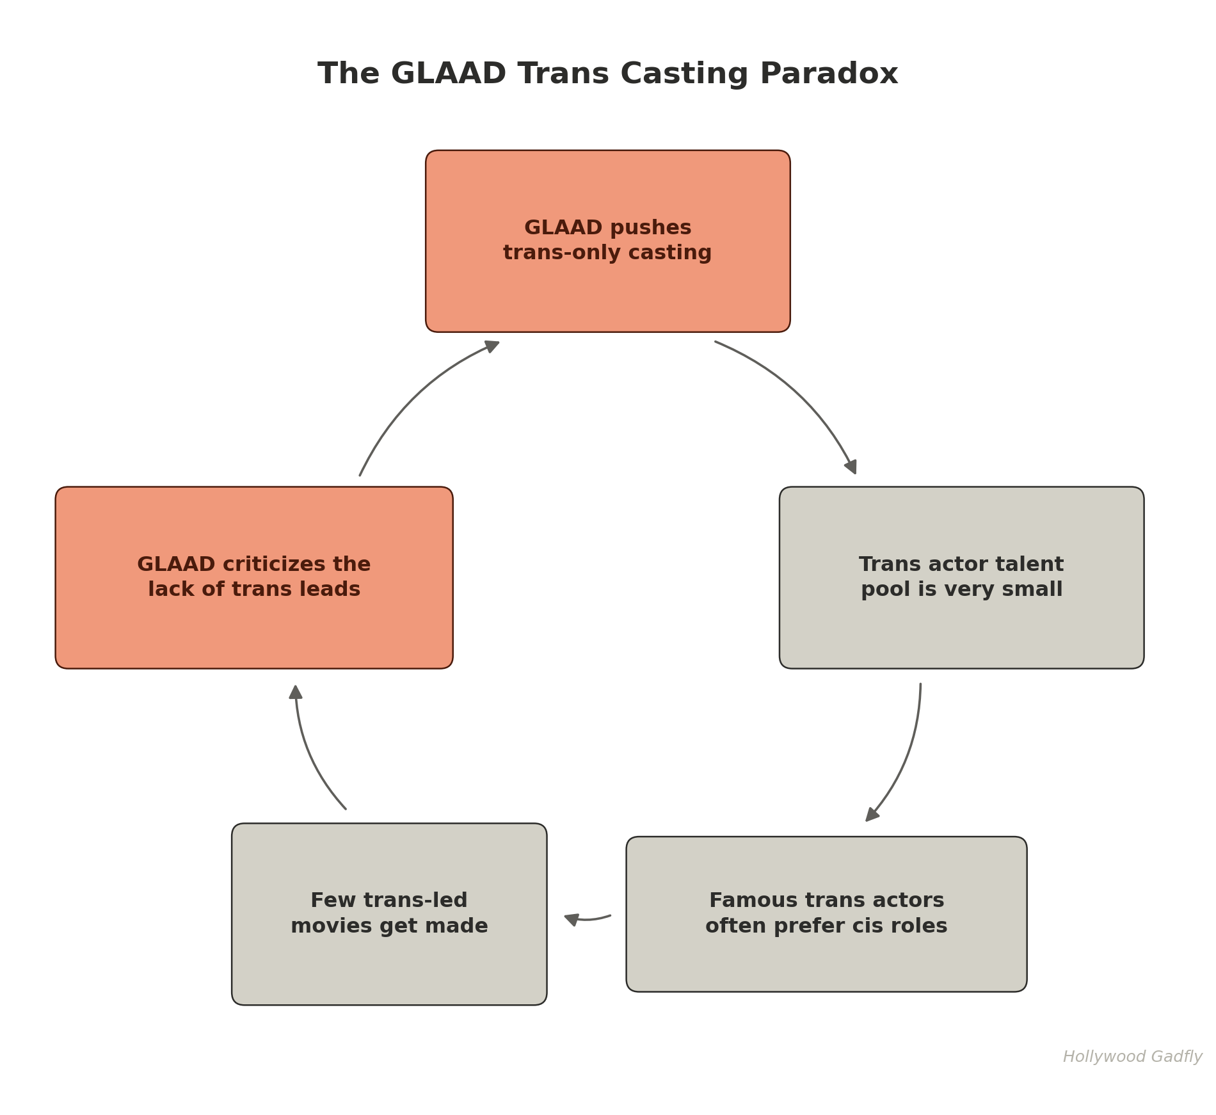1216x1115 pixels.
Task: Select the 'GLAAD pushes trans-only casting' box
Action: point(608,241)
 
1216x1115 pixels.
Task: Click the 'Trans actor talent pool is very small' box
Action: point(961,577)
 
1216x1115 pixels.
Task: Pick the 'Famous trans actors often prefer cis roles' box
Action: point(826,914)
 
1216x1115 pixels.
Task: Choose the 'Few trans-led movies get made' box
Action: point(389,914)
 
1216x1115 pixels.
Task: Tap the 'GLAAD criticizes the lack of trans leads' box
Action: point(254,577)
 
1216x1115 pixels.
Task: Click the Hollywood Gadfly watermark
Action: point(1132,1057)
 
